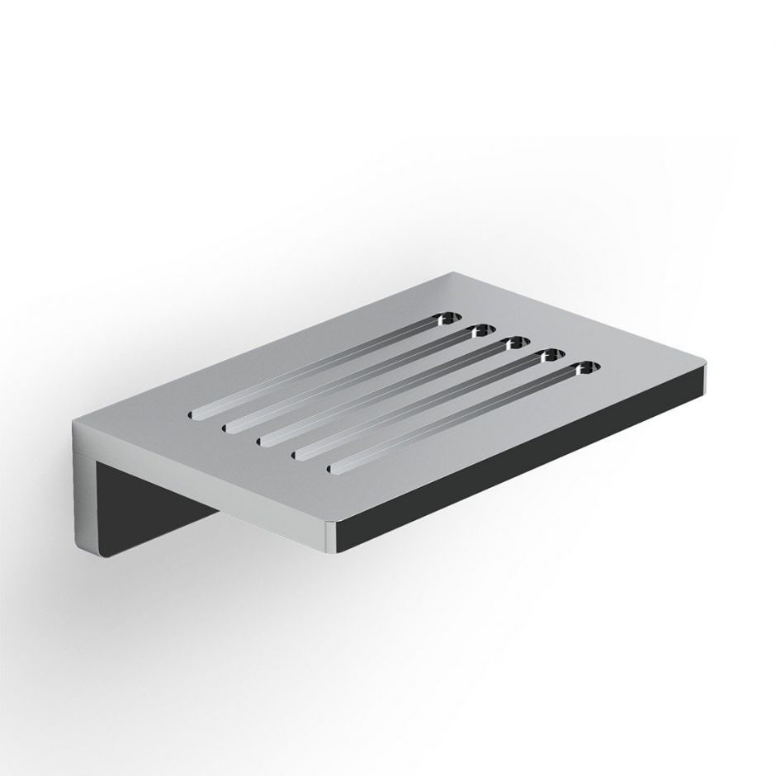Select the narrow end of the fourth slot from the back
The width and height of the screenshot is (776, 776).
(x=300, y=455)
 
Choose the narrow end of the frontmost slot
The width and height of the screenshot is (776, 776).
(x=337, y=471)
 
